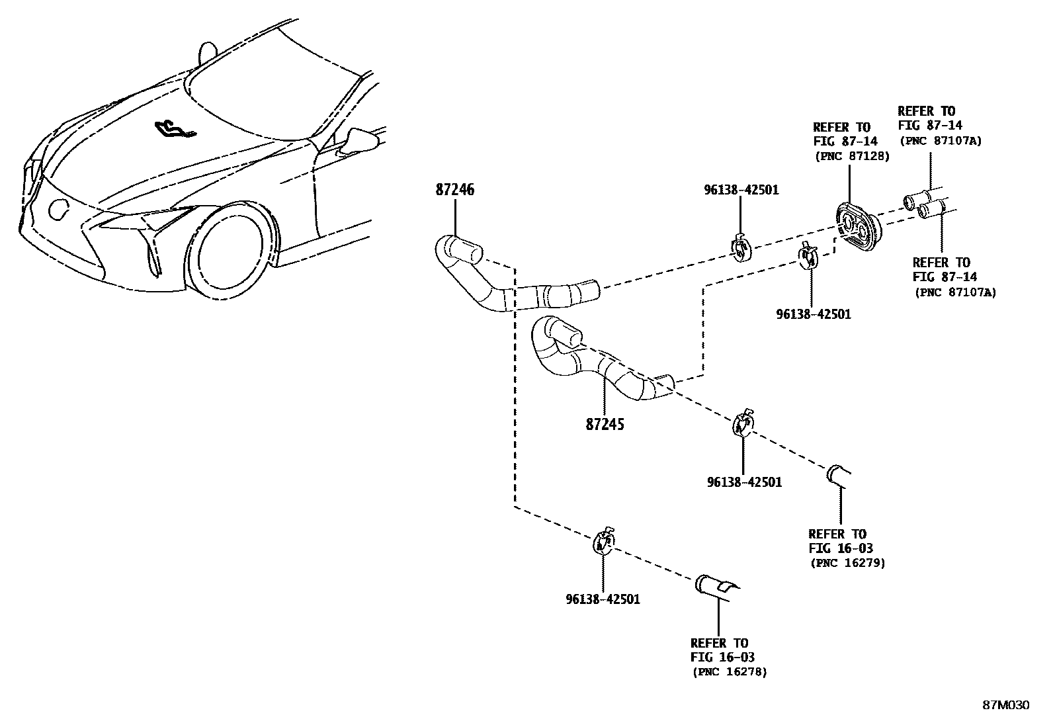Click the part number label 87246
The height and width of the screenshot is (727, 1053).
(x=454, y=190)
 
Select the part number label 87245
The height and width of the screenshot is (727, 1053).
(x=605, y=423)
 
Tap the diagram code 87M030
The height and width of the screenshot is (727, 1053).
(x=1005, y=705)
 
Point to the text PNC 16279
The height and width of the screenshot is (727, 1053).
(x=847, y=563)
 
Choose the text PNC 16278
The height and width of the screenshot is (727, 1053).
(x=730, y=672)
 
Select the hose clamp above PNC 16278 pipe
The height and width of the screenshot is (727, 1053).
(x=603, y=540)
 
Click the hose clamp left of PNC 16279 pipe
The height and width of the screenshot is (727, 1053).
(x=743, y=423)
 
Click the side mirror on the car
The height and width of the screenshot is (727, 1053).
(x=360, y=140)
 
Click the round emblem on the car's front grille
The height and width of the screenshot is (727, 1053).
(x=58, y=209)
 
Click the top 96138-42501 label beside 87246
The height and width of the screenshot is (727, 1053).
(x=741, y=190)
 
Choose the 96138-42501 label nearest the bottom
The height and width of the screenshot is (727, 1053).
(x=603, y=599)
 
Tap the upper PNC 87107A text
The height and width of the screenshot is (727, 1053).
(x=939, y=140)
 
